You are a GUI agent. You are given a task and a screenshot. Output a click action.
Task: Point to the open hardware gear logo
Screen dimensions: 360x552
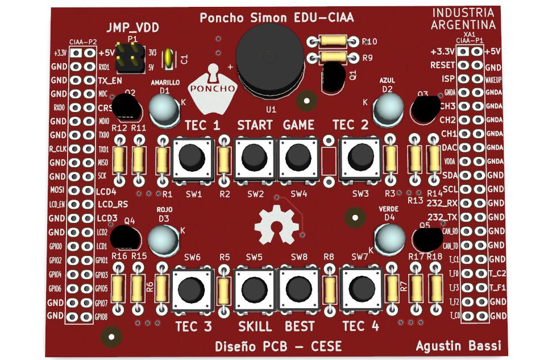pos(277,225)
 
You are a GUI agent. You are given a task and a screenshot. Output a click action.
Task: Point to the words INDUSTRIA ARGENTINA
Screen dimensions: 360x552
pos(463,19)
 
